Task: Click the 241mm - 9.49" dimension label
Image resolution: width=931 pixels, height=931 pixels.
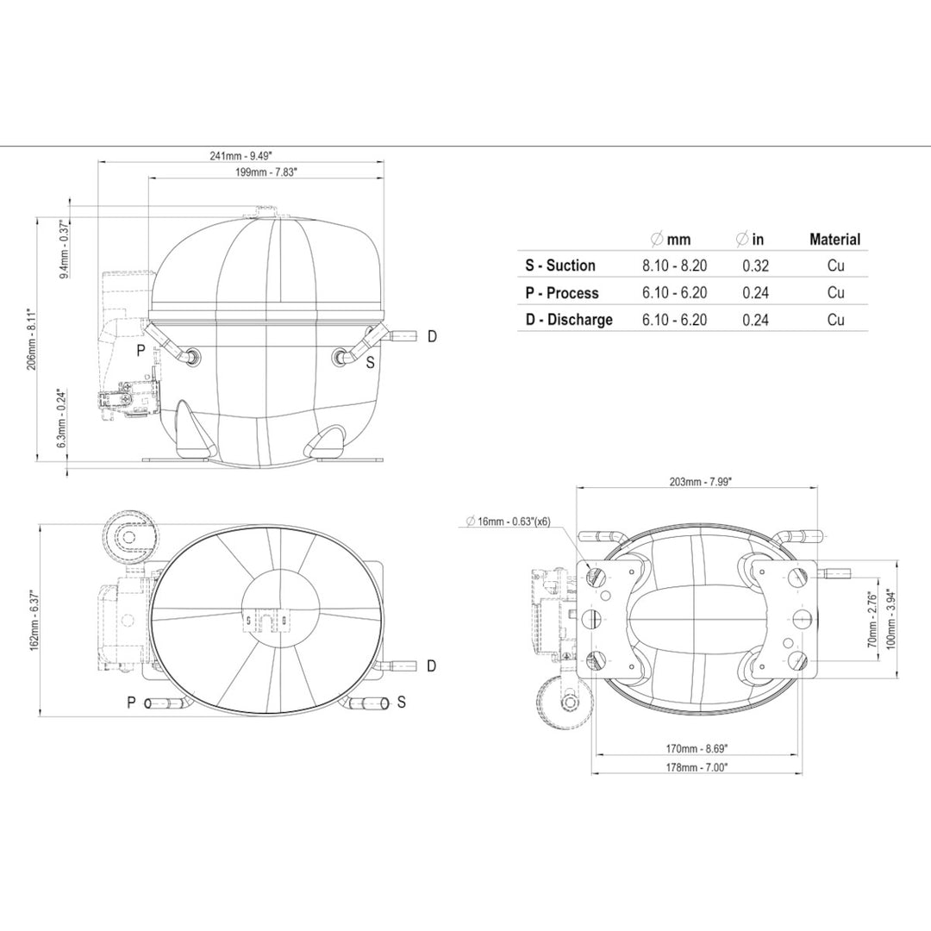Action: coord(241,155)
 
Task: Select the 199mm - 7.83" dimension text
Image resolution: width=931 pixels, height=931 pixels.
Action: coord(266,172)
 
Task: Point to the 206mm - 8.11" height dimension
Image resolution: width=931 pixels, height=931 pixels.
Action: coord(32,339)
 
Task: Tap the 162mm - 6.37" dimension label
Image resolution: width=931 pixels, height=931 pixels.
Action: coord(34,620)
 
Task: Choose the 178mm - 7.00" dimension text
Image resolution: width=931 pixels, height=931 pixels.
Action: coord(697,767)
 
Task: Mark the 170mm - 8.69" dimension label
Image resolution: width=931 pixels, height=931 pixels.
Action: coord(697,749)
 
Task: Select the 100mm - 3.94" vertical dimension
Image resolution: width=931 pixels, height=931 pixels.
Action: coord(890,619)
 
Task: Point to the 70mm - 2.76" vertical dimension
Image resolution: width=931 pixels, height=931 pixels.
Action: coord(872,619)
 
